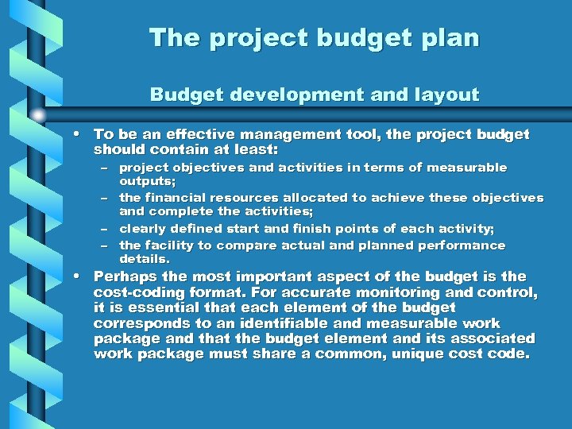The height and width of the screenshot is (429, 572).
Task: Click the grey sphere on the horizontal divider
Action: click(x=37, y=115)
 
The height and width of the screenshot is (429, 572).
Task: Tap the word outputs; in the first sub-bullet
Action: click(x=147, y=181)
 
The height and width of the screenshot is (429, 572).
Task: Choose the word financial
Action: click(x=176, y=198)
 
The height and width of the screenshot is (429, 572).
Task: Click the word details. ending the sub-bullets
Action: click(x=145, y=260)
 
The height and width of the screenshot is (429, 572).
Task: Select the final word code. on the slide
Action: click(x=506, y=354)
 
